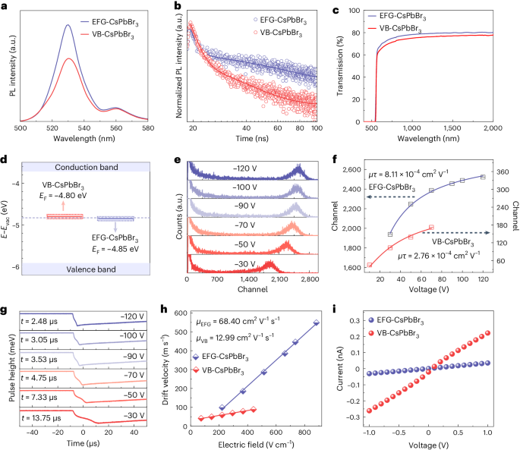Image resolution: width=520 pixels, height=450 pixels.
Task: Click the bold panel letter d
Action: (6, 161)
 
